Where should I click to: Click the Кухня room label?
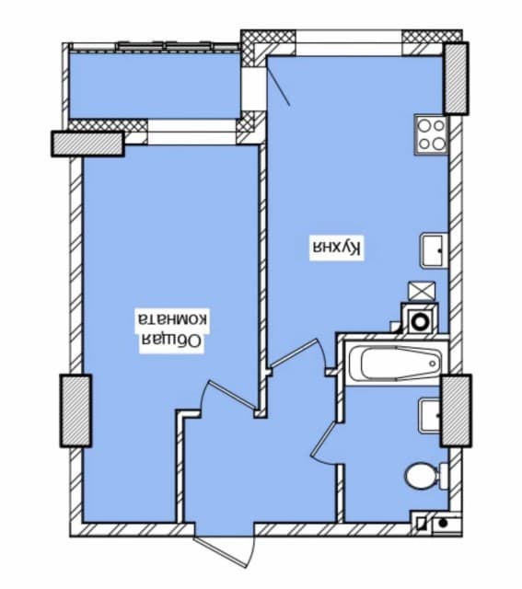pyautogui.click(x=337, y=248)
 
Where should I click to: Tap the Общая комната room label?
pyautogui.click(x=172, y=331)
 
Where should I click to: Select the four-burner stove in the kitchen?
pyautogui.click(x=432, y=134)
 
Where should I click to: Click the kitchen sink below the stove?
pyautogui.click(x=434, y=250)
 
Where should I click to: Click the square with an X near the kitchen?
pyautogui.click(x=422, y=291)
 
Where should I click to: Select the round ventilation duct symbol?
pyautogui.click(x=420, y=321)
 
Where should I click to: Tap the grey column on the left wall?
pyautogui.click(x=75, y=410)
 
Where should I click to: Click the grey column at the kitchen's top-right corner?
pyautogui.click(x=456, y=78)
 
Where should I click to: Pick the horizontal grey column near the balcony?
pyautogui.click(x=87, y=144)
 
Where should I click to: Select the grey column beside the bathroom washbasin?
pyautogui.click(x=456, y=410)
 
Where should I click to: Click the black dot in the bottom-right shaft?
pyautogui.click(x=444, y=523)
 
